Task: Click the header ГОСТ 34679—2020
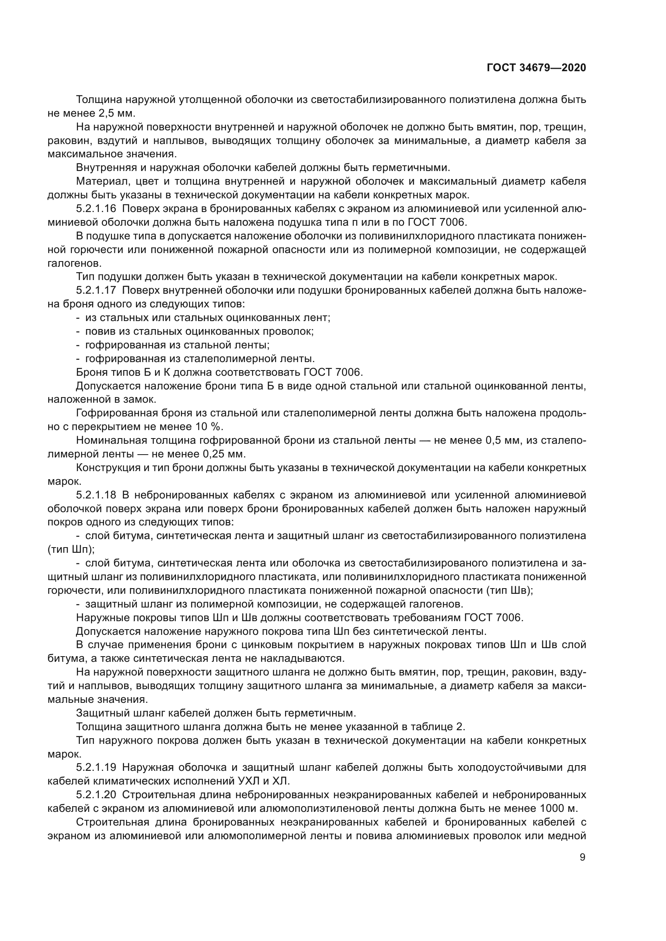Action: (x=536, y=68)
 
